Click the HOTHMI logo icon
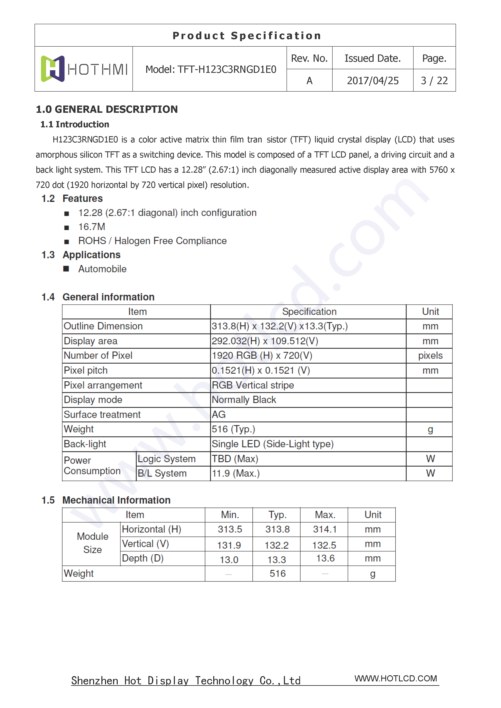(53, 69)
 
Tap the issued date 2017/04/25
(373, 81)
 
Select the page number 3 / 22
(434, 81)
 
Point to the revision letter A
(309, 81)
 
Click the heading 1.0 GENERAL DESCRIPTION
(107, 110)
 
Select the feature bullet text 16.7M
(92, 227)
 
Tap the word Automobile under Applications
(102, 269)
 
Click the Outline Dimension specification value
(279, 326)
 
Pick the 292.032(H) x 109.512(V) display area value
(265, 341)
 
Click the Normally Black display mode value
(244, 400)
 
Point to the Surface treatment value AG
(218, 415)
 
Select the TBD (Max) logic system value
(235, 459)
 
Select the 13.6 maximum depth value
(325, 558)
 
